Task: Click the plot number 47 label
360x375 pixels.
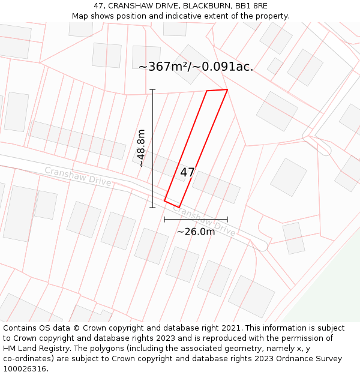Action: (187, 172)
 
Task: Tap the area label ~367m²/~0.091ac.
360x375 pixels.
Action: (196, 67)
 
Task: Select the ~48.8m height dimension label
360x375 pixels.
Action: (142, 148)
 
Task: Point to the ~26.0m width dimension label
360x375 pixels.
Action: (196, 232)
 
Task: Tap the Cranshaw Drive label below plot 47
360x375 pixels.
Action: (207, 221)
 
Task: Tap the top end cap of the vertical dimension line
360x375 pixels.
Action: (152, 90)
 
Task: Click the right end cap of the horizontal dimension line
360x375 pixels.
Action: (227, 220)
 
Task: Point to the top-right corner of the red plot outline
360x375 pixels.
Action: (227, 89)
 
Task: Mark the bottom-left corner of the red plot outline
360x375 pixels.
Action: (164, 201)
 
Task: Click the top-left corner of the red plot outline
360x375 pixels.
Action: (207, 91)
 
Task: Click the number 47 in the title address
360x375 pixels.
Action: (98, 5)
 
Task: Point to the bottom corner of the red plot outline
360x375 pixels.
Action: (179, 208)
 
